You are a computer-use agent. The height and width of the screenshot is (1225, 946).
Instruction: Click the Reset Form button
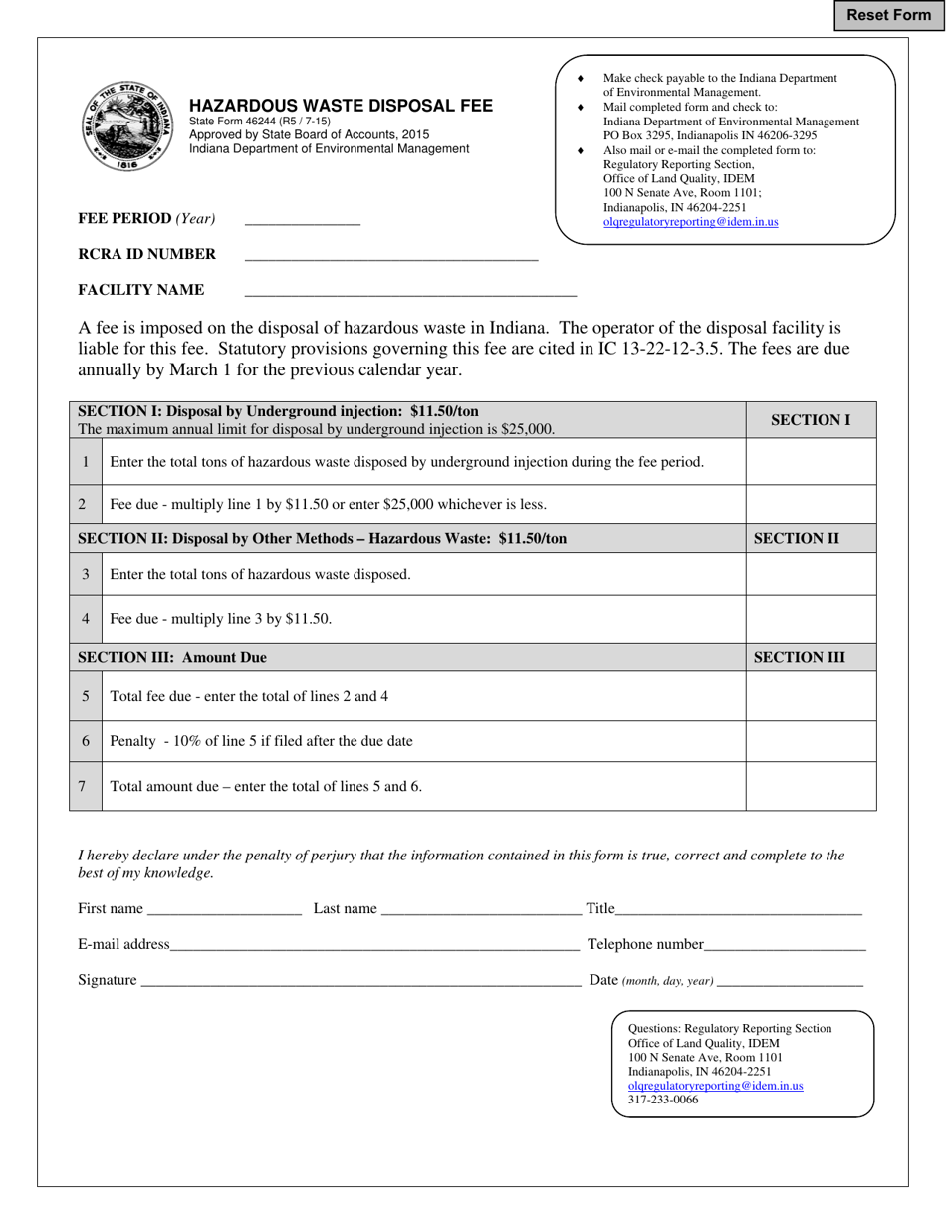[x=888, y=15]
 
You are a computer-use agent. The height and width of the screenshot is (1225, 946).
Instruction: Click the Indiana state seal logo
[x=126, y=125]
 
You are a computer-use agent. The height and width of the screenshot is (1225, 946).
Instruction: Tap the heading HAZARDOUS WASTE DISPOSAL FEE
[x=341, y=106]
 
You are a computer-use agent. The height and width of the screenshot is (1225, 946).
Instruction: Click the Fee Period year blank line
[x=302, y=220]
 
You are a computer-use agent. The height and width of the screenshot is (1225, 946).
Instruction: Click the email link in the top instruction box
[x=690, y=222]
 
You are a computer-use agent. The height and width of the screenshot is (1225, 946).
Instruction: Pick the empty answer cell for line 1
[x=811, y=462]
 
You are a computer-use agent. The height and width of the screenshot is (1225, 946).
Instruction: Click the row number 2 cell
[x=86, y=505]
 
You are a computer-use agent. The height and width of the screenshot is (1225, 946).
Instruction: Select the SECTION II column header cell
[x=811, y=539]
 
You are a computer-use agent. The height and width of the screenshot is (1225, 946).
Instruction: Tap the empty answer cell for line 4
[x=811, y=619]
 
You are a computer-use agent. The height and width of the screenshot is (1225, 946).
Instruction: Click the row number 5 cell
[x=86, y=696]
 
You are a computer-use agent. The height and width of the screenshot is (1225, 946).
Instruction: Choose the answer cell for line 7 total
[x=811, y=786]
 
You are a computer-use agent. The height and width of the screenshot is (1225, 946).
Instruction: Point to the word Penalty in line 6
[x=133, y=741]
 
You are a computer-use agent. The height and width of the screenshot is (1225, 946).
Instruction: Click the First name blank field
[x=223, y=909]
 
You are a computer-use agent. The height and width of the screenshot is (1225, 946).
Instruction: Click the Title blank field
[x=738, y=909]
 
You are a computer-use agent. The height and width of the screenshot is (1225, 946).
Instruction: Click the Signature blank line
[x=359, y=981]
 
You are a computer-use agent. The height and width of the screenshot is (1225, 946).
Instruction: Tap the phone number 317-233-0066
[x=663, y=1101]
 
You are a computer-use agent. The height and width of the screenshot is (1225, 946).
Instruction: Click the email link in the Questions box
[x=715, y=1086]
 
